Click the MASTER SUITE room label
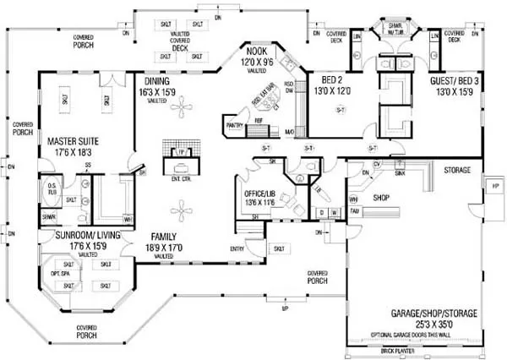pos(69,140)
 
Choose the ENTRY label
pos(237,248)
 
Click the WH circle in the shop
pos(352,199)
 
